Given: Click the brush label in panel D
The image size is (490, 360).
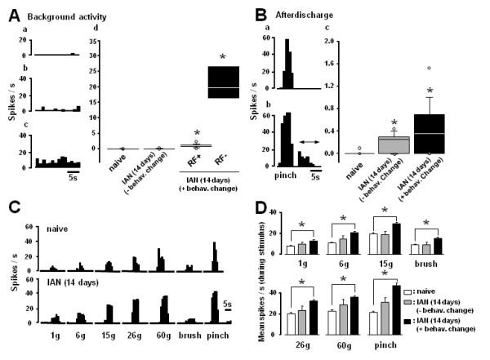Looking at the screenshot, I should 443,264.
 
